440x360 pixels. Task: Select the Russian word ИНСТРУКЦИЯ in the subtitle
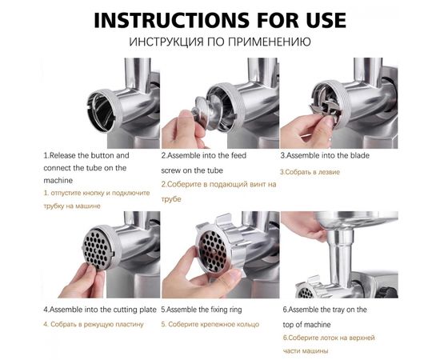coord(166,42)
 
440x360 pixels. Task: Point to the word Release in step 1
coord(63,155)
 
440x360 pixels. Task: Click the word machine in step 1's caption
coord(58,181)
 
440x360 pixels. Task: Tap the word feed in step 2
coord(238,155)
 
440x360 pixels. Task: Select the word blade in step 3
coord(359,155)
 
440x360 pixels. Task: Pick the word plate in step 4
coord(148,310)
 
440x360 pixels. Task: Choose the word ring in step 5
coord(235,310)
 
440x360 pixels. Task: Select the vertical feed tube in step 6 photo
coord(340,258)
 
